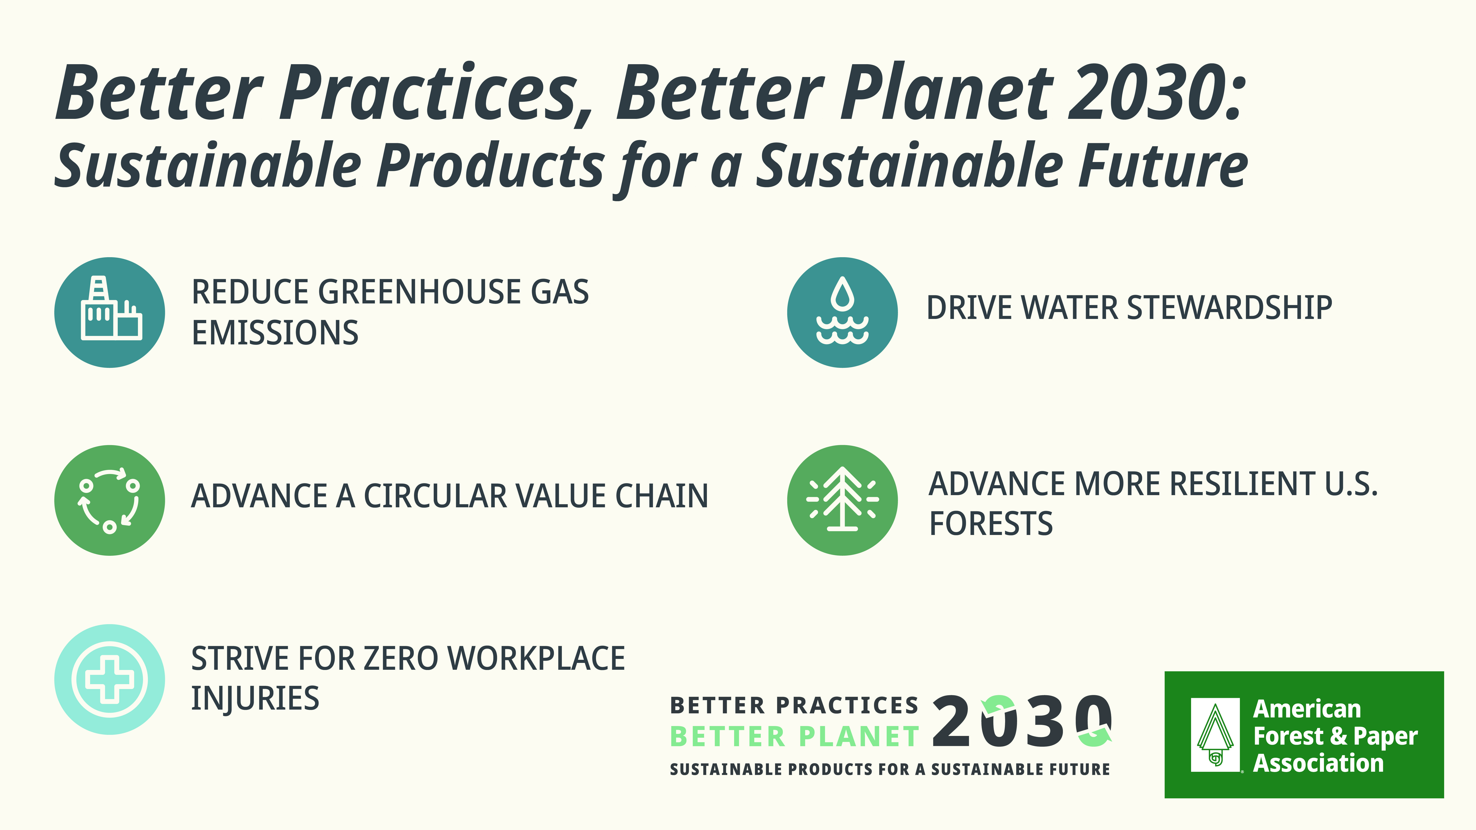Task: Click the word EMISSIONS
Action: [275, 333]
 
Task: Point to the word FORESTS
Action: [991, 523]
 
